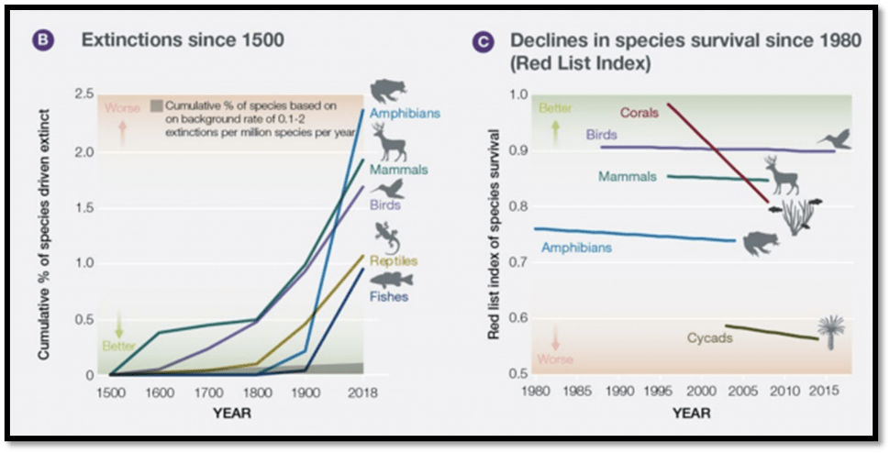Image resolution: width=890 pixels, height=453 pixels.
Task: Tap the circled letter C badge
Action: (x=485, y=41)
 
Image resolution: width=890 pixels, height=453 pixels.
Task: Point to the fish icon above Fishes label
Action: (x=392, y=279)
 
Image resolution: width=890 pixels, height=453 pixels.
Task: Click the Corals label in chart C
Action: (x=639, y=114)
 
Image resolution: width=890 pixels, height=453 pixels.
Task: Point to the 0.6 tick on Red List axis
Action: (x=519, y=318)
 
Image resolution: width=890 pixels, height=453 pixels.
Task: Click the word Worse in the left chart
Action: (x=122, y=108)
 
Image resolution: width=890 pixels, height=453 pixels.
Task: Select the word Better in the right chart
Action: (x=555, y=108)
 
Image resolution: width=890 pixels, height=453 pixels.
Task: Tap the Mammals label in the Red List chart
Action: (x=628, y=176)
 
